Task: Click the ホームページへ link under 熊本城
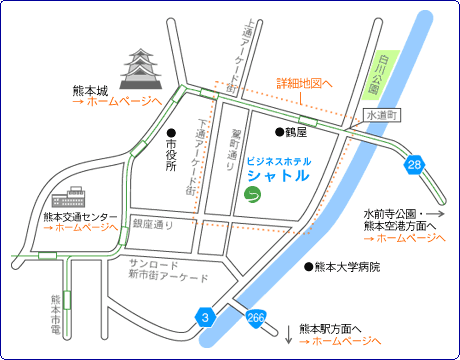[x=124, y=102]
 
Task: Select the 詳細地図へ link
[x=304, y=84]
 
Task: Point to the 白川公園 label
[x=375, y=76]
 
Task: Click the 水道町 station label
[x=381, y=116]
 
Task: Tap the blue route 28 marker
[x=413, y=163]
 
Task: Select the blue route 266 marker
[x=255, y=317]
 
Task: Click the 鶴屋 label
[x=293, y=131]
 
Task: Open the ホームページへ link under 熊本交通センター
[x=85, y=228]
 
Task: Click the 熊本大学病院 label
[x=346, y=267]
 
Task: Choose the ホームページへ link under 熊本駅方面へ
[x=340, y=341]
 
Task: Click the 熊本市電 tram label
[x=57, y=316]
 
